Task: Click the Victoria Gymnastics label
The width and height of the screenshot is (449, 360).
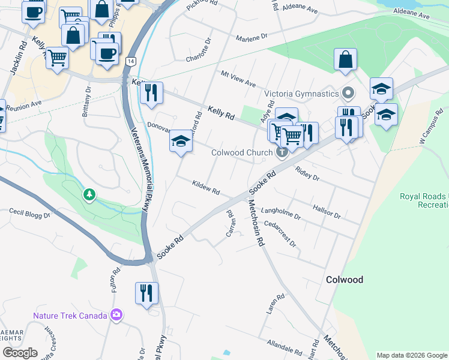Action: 302,94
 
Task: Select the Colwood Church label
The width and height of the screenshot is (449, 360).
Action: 242,152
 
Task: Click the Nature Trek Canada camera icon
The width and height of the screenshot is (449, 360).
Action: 116,315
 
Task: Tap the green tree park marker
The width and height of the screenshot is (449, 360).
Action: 89,194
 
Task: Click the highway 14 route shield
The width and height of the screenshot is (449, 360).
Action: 131,61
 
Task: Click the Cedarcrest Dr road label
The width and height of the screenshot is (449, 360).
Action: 280,234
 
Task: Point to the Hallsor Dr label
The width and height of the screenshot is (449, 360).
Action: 327,211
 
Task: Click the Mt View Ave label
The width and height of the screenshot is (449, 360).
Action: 238,79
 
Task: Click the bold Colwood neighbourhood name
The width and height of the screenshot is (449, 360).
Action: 345,280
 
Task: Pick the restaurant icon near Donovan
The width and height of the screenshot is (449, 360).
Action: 151,92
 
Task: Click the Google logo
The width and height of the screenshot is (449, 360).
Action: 20,353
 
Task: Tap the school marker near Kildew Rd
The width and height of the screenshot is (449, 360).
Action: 181,142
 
